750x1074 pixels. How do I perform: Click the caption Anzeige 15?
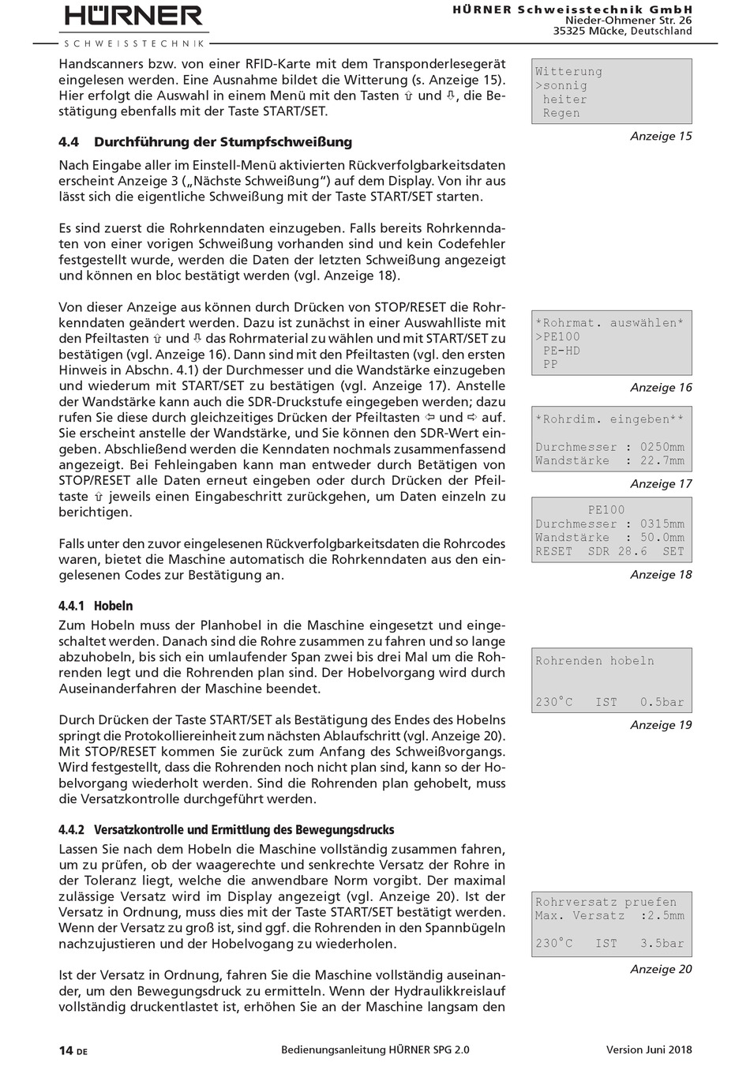[x=661, y=136]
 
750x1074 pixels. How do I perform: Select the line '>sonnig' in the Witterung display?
[x=561, y=85]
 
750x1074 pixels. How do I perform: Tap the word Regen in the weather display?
[x=561, y=113]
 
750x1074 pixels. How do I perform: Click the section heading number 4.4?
[x=69, y=142]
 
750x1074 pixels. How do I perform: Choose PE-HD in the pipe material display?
[x=561, y=351]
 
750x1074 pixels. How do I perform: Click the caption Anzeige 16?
[x=661, y=388]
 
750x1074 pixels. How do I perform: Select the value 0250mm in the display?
[x=662, y=447]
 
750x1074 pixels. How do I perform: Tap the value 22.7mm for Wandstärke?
[x=662, y=461]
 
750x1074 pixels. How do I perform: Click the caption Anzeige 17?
[x=661, y=483]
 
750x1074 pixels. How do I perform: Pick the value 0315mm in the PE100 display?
[x=662, y=524]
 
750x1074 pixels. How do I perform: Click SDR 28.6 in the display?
[x=618, y=551]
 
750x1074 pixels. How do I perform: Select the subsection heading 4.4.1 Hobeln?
[x=96, y=606]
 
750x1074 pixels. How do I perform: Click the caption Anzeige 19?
[x=661, y=725]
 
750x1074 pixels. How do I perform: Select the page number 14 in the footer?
[x=66, y=1050]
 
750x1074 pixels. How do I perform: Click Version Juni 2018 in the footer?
[x=649, y=1050]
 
